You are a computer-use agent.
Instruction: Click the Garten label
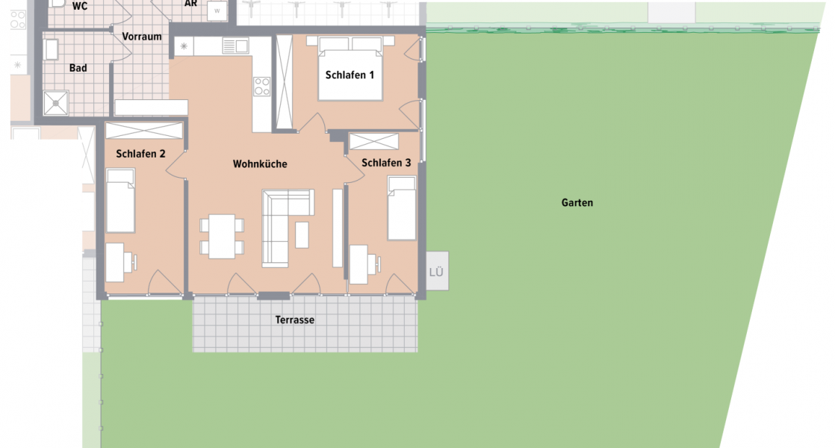click(x=578, y=202)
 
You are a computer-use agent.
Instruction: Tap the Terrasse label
click(x=295, y=320)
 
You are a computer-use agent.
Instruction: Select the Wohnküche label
click(x=260, y=164)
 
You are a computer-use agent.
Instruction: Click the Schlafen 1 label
click(x=350, y=75)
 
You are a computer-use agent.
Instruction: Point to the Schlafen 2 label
click(x=141, y=155)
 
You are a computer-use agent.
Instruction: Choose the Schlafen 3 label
click(x=386, y=162)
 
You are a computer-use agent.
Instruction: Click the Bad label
click(x=78, y=68)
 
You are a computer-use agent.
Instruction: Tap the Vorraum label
click(x=142, y=37)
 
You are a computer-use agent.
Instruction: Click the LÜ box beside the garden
click(x=437, y=273)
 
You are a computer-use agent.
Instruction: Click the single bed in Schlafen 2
click(x=120, y=200)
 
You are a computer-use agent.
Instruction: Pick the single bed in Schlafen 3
click(x=402, y=208)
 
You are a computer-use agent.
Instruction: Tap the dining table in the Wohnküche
click(x=222, y=236)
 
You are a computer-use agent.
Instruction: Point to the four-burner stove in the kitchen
click(x=261, y=86)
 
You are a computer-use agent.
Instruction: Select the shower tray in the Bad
click(x=56, y=102)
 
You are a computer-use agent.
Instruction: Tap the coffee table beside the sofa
click(x=302, y=234)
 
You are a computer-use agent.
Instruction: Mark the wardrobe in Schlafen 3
click(x=373, y=141)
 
